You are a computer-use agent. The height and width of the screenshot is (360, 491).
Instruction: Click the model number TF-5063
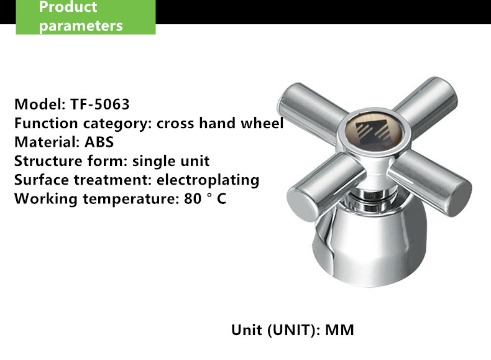pyautogui.click(x=100, y=104)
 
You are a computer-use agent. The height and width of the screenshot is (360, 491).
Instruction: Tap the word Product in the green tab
pyautogui.click(x=68, y=7)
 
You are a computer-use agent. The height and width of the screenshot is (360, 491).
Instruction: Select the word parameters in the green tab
pyautogui.click(x=81, y=26)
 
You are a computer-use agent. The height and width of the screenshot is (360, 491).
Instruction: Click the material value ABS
pyautogui.click(x=99, y=142)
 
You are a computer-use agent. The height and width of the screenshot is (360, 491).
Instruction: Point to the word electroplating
pyautogui.click(x=208, y=180)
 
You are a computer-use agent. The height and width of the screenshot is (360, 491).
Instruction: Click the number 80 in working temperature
pyautogui.click(x=193, y=198)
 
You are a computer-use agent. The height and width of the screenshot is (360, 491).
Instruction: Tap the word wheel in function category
pyautogui.click(x=262, y=123)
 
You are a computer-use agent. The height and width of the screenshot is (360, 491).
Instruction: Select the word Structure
pyautogui.click(x=48, y=161)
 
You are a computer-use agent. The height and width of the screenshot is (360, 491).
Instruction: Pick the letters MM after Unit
pyautogui.click(x=340, y=330)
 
